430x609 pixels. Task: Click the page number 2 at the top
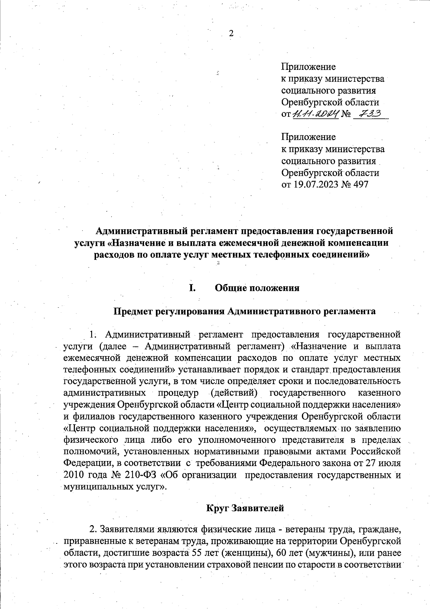click(x=231, y=33)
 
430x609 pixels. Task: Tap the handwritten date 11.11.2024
click(x=316, y=114)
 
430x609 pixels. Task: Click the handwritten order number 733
click(x=369, y=114)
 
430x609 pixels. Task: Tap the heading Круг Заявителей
click(x=245, y=508)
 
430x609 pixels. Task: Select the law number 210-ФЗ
click(x=141, y=475)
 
